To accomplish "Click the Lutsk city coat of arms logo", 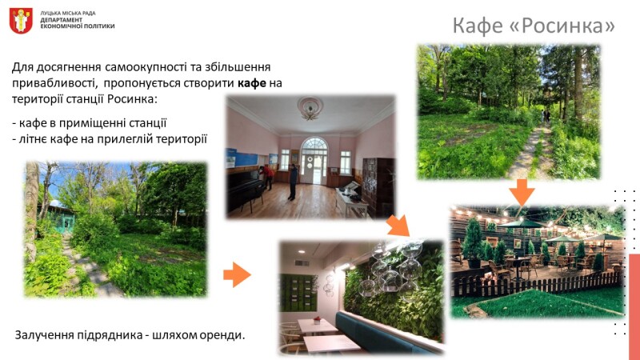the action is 21,21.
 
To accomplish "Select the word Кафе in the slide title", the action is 478,26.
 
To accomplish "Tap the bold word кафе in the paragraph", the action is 251,83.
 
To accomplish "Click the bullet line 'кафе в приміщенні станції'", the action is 90,123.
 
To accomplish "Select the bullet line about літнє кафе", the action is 110,139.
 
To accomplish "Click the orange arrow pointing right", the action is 237,274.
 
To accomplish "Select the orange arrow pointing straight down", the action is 522,192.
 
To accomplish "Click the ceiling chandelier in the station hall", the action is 310,108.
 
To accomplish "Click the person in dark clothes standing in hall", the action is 293,182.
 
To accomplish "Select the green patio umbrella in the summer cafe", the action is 521,224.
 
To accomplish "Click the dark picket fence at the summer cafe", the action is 537,284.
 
